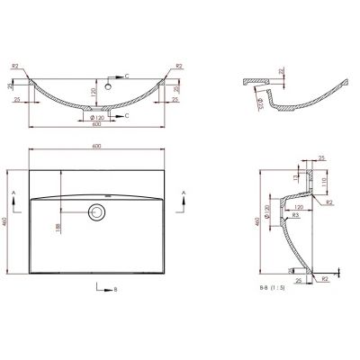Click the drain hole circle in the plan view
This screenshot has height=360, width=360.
[95, 212]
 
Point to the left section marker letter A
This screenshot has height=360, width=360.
[12, 193]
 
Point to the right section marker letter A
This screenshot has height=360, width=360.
[184, 193]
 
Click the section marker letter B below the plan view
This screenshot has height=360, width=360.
[115, 288]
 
